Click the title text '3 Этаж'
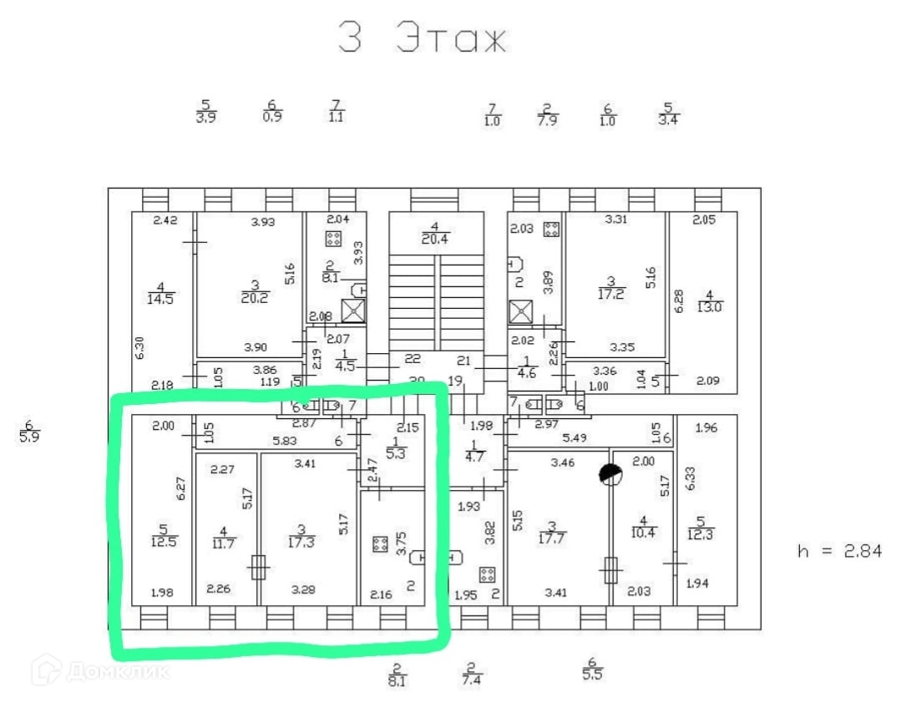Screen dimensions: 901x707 [x=423, y=37]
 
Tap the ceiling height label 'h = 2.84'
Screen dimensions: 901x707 [x=840, y=551]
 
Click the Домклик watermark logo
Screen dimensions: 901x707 [x=100, y=669]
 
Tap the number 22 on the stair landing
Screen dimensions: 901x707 [x=413, y=360]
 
